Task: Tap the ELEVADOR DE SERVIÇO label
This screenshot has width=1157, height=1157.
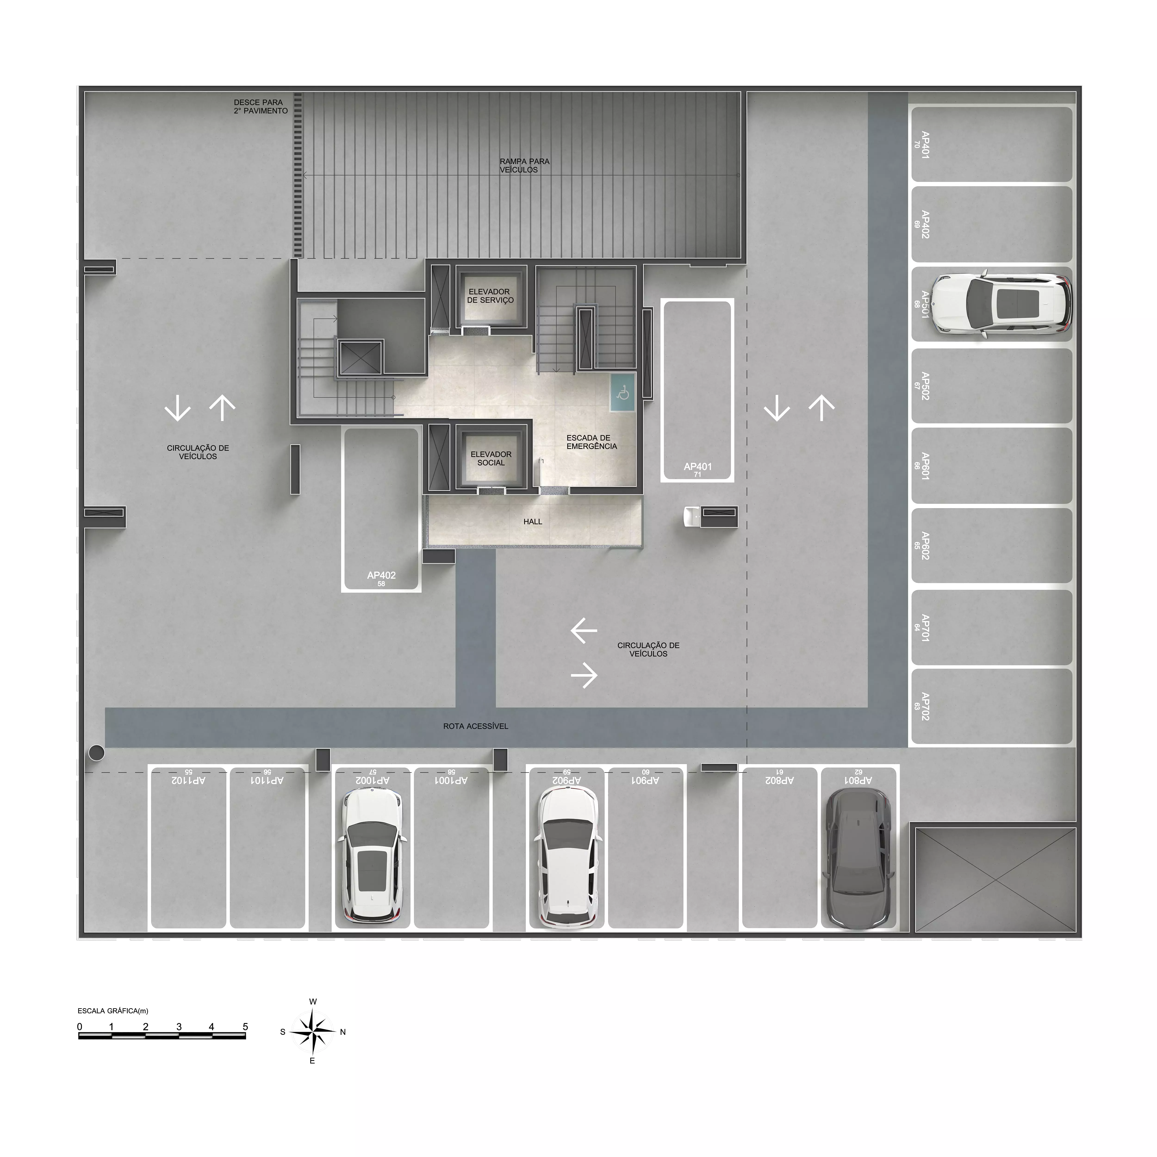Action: pyautogui.click(x=491, y=296)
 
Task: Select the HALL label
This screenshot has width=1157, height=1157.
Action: pyautogui.click(x=532, y=522)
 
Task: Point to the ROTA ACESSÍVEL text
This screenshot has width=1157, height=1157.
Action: pyautogui.click(x=476, y=726)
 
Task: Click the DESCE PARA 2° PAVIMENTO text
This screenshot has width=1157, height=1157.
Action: pyautogui.click(x=261, y=107)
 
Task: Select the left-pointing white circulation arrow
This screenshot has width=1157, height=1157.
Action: pyautogui.click(x=584, y=631)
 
